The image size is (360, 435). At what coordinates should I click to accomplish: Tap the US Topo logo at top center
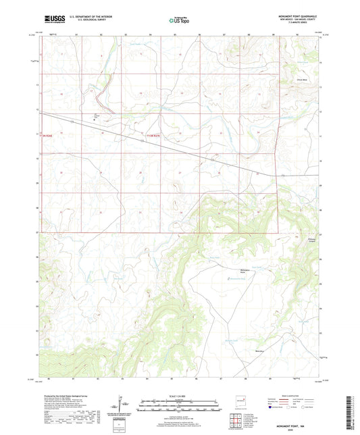(x=179, y=21)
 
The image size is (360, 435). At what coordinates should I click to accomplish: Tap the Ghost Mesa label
(x=295, y=82)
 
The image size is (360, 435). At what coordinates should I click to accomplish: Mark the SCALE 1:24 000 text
(x=179, y=396)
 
